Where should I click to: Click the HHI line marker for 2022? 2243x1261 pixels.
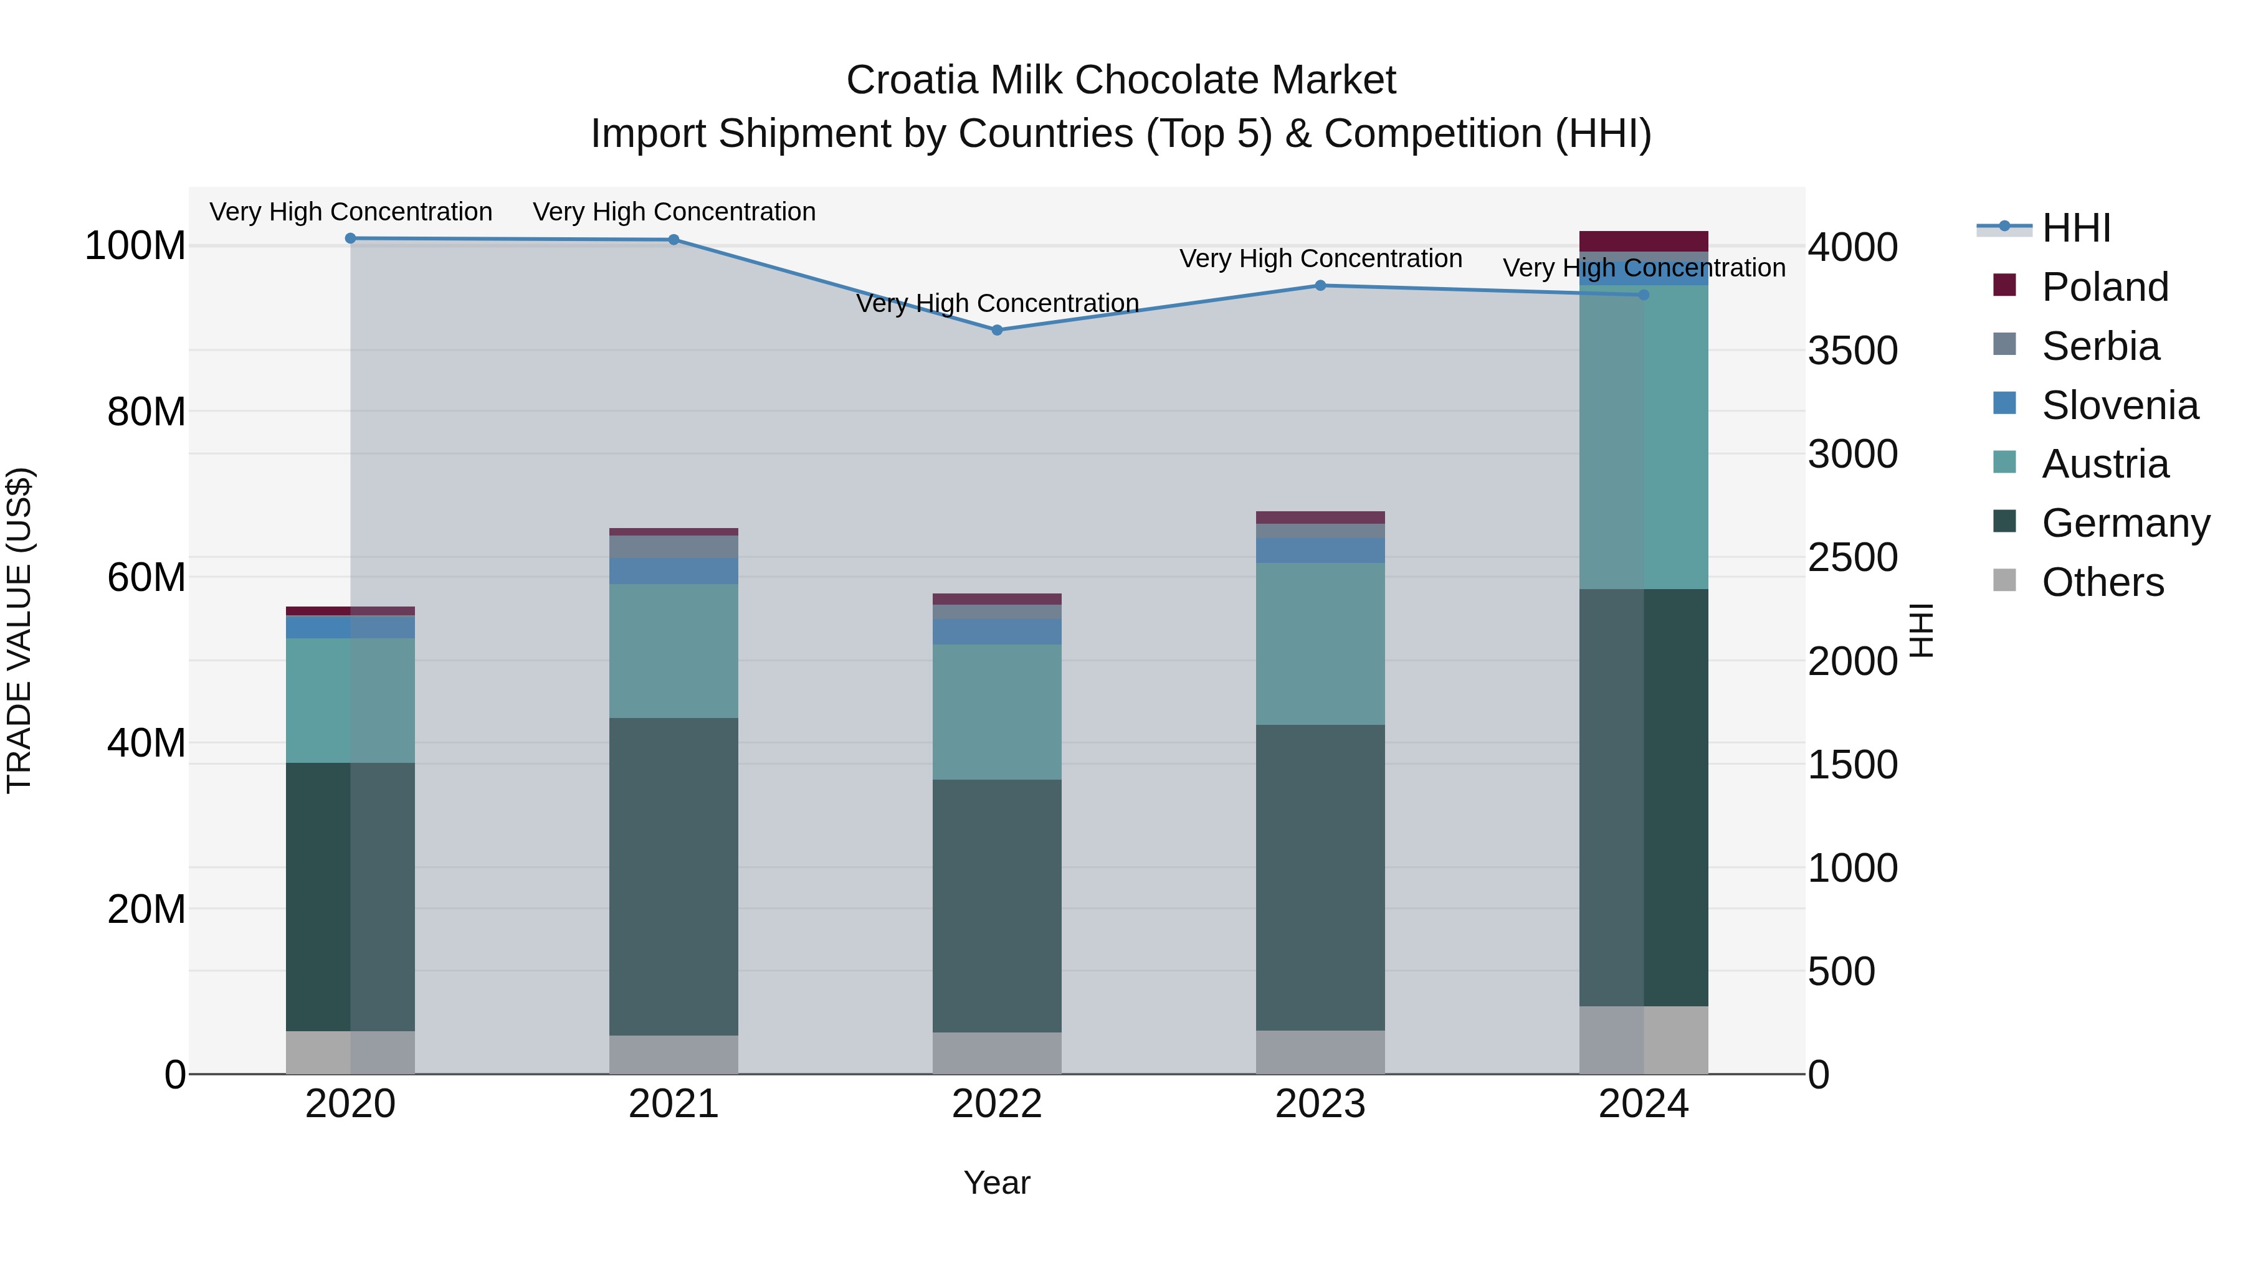[997, 330]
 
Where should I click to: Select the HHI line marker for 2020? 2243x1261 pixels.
[350, 239]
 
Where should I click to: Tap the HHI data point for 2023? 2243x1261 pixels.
[1320, 285]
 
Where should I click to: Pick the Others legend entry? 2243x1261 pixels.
[2102, 582]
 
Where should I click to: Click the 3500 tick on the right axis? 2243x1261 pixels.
[1852, 351]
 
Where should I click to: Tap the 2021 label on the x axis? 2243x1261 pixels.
[673, 1104]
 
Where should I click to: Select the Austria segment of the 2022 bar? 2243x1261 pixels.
[997, 711]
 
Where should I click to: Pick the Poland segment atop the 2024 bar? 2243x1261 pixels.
[1643, 241]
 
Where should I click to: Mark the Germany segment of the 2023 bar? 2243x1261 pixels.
[1320, 877]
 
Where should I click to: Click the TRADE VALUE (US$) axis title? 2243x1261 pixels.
[19, 630]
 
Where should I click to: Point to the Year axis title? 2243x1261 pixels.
[996, 1183]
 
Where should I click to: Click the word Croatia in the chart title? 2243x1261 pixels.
[912, 80]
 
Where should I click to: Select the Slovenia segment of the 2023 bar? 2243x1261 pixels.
[1320, 550]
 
